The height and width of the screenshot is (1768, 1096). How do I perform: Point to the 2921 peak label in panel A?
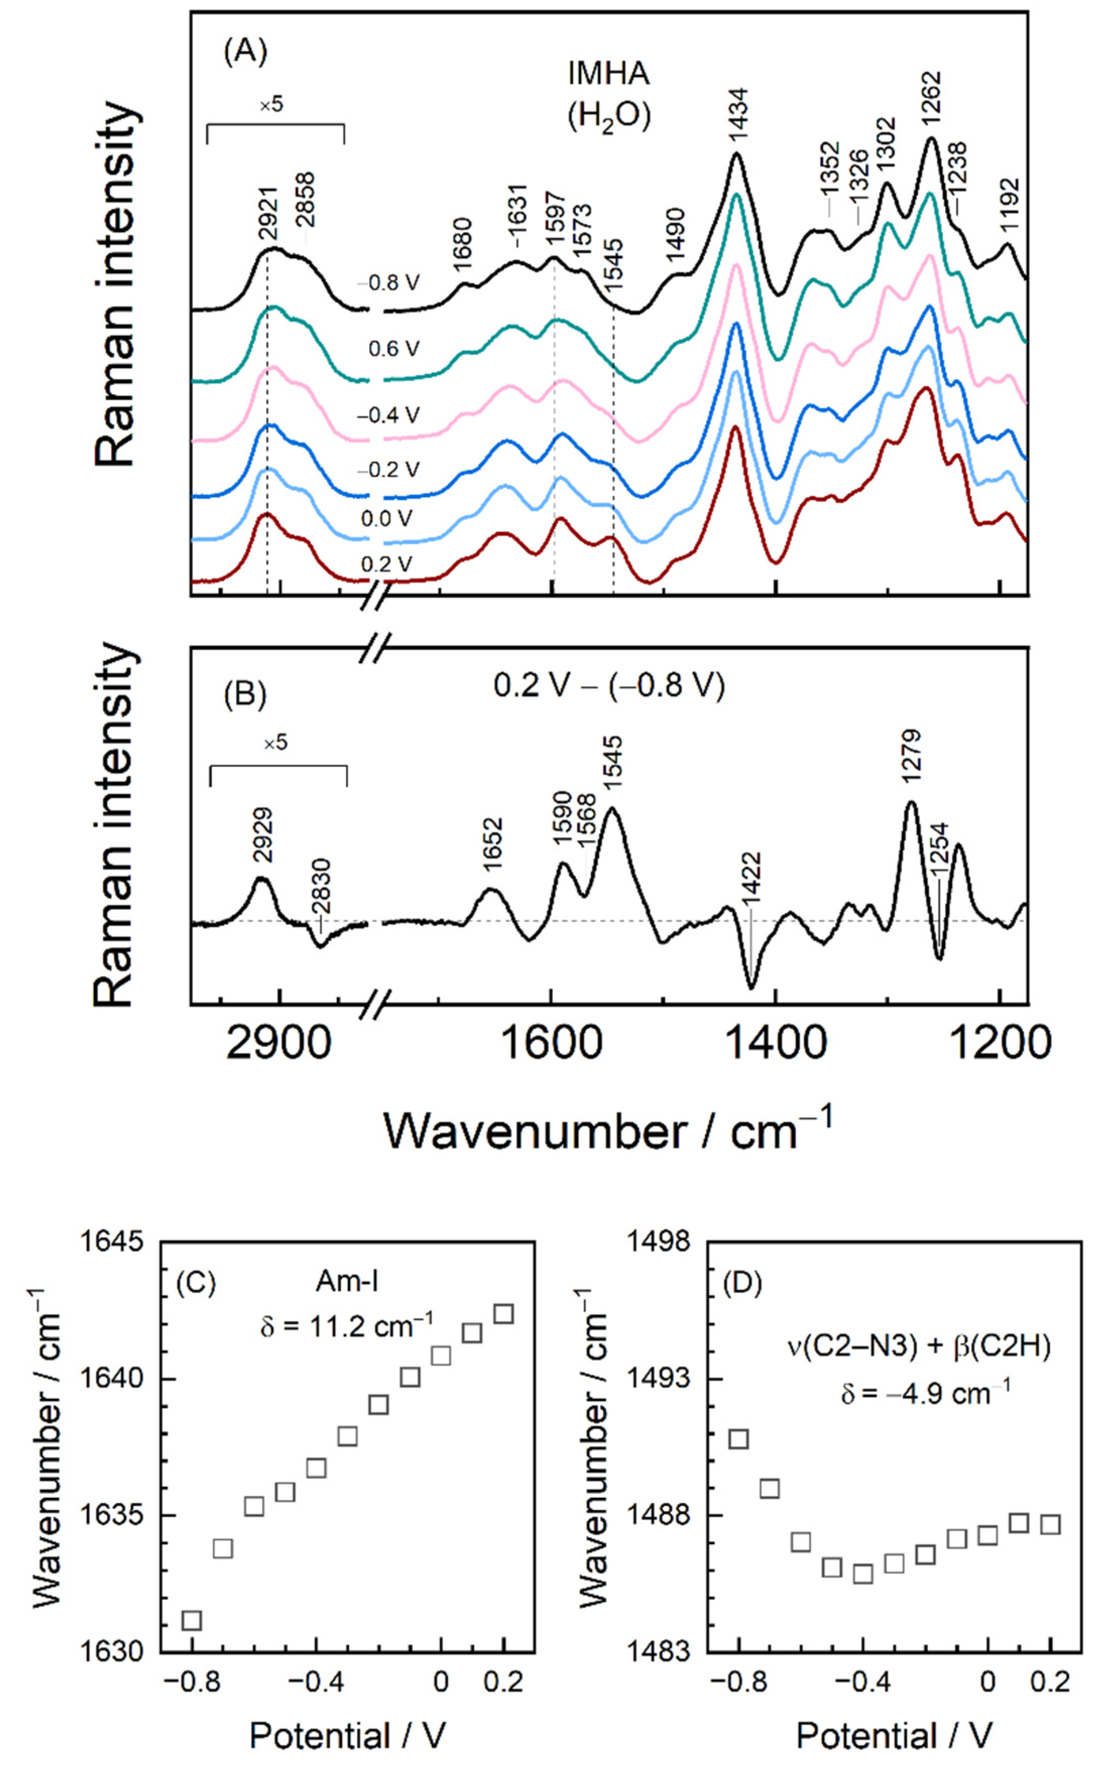(x=268, y=215)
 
